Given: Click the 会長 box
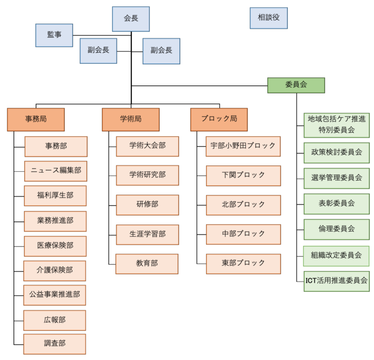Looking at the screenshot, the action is [131, 19].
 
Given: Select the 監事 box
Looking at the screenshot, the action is [54, 35].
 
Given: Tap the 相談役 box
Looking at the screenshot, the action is [269, 18].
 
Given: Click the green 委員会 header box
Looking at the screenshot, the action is [296, 85].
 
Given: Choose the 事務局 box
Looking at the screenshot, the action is [36, 120].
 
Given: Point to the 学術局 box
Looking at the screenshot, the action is [131, 120].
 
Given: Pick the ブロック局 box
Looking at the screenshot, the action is [219, 120].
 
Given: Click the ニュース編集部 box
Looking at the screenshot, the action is [56, 171].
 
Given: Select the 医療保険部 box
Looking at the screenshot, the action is [55, 246].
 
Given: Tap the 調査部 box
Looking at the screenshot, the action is [55, 344].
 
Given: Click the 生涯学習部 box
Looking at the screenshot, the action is [148, 234].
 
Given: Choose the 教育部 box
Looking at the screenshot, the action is [147, 264].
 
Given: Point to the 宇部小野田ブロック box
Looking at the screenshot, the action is [243, 146].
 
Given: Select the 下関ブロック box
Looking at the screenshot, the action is [243, 176].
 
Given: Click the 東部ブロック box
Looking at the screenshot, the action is [243, 264].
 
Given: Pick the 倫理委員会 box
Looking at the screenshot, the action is [337, 230].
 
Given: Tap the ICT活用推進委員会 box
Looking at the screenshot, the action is [337, 281].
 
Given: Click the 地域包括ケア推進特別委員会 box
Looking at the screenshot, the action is [337, 125].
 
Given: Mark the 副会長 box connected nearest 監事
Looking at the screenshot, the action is [98, 51].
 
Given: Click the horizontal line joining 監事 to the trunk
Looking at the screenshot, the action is [102, 35].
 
